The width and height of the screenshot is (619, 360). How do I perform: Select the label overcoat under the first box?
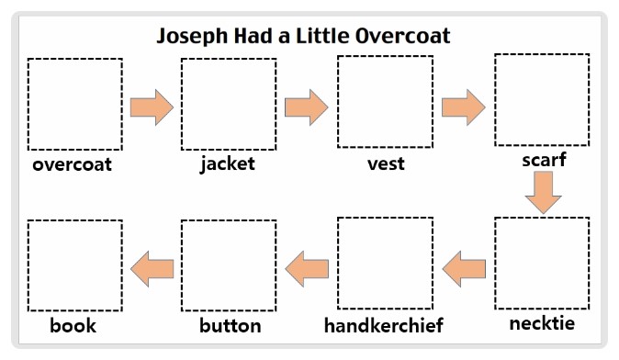72,165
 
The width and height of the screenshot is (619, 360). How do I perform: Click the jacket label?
227,165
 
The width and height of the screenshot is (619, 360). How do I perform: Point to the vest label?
386,164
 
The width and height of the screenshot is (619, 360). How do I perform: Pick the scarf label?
544,160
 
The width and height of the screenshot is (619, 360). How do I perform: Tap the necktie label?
543,323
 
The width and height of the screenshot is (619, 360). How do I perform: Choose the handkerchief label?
384,325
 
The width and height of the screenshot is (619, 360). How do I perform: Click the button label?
231,325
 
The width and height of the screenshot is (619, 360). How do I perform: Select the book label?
73,325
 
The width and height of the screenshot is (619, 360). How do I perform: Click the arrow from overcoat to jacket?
152,107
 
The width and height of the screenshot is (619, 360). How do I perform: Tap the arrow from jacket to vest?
307,107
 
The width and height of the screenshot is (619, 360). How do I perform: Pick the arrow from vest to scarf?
464,107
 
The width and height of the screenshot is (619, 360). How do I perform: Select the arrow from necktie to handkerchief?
464,268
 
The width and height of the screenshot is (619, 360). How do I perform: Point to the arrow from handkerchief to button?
307,268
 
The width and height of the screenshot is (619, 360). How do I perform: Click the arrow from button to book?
152,268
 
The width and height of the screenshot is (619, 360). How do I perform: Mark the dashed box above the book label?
74,267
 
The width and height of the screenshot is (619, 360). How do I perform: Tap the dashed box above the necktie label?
542,264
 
